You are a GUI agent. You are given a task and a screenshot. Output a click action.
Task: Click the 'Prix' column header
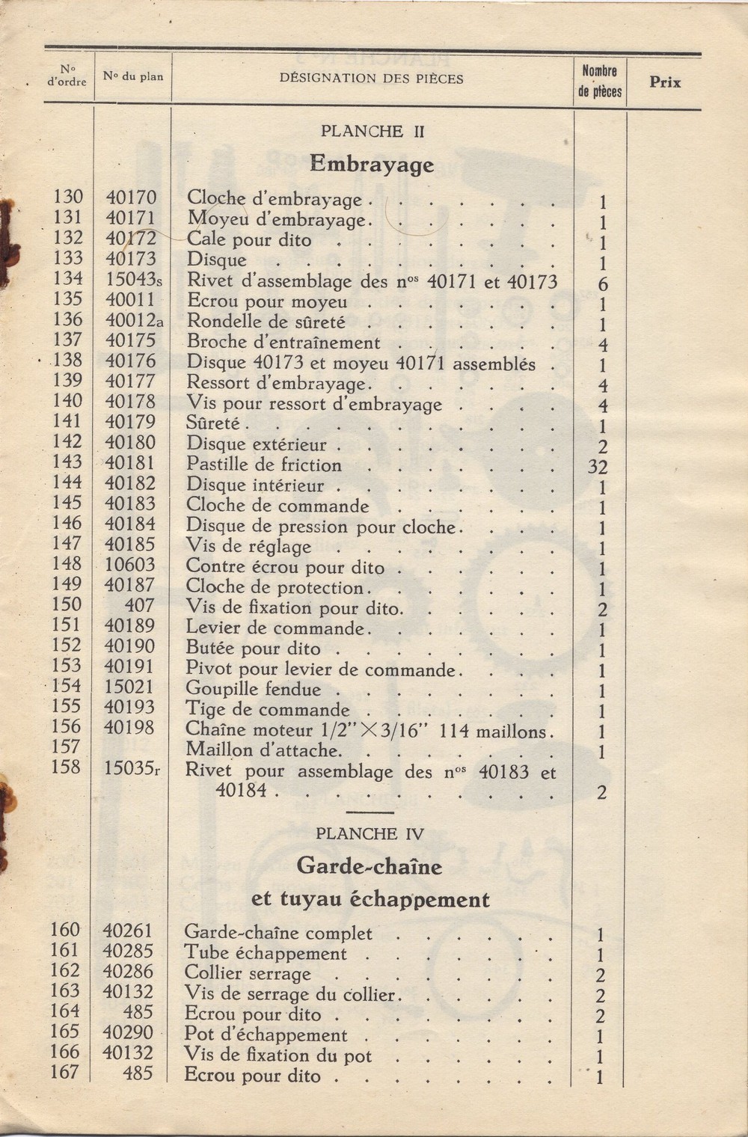[x=664, y=82]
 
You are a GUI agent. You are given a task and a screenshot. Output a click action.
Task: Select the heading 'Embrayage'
[x=372, y=164]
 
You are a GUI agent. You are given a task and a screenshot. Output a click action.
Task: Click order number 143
[x=67, y=463]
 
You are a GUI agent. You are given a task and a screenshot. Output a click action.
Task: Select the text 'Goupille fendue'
[x=253, y=689]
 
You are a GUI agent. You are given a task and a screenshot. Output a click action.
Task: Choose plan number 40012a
[x=134, y=320]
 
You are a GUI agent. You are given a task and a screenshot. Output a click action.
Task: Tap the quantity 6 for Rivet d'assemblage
[x=603, y=284]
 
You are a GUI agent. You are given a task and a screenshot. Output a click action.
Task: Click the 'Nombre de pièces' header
[x=600, y=82]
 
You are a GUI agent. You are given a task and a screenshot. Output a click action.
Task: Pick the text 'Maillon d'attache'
[x=263, y=750]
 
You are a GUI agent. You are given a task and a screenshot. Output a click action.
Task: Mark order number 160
[x=65, y=930]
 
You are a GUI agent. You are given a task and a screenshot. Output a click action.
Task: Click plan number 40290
[x=128, y=1032]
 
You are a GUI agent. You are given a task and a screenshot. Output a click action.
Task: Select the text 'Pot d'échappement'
[x=266, y=1035]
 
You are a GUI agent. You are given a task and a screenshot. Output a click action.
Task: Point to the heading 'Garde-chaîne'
[x=370, y=866]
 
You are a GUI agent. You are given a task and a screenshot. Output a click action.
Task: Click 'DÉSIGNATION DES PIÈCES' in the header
[x=371, y=78]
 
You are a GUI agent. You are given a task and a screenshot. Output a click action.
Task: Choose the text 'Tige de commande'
[x=267, y=709]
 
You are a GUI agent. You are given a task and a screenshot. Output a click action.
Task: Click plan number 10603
[x=130, y=565]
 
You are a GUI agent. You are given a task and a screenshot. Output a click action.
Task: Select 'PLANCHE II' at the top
[x=373, y=131]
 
